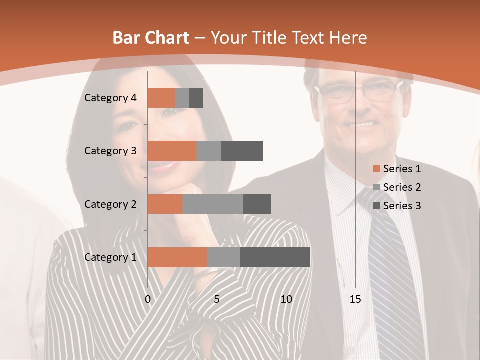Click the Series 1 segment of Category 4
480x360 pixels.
161,98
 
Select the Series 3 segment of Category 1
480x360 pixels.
275,257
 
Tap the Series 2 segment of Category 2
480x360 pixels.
213,204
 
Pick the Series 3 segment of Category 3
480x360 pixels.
242,151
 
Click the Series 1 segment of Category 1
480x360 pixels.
177,257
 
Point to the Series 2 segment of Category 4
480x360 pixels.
182,98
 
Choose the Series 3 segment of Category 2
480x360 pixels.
257,204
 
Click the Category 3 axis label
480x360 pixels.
110,151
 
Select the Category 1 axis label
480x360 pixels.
110,257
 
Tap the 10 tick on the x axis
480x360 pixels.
286,299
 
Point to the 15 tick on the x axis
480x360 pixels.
355,299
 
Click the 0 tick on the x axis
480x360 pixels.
148,299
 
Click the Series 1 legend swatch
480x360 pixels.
376,169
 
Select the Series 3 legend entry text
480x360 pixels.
402,206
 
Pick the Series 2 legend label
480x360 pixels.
402,187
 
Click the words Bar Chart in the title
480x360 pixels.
151,38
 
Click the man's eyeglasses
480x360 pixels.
357,91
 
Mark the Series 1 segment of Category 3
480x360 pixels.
172,151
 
